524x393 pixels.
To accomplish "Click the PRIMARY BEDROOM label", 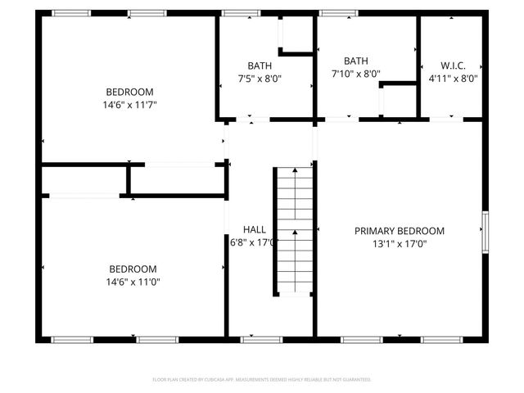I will pos(399,231).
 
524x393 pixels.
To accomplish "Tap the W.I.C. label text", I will pos(453,65).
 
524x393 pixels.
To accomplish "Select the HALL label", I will pos(254,229).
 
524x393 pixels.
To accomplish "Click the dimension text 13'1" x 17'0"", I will pos(399,243).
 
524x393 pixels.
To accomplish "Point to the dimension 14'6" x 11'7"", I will pos(129,105).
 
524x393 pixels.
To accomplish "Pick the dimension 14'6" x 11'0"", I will pos(133,282).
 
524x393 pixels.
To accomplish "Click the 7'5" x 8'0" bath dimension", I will pos(260,79).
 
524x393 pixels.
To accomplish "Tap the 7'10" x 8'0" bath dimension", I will pos(356,74).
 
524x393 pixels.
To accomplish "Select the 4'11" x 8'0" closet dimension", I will pos(453,79).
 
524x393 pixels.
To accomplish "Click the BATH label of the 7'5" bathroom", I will pos(260,65).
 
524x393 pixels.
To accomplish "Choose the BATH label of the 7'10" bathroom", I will pos(356,61).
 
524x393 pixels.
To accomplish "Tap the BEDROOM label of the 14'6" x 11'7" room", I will pos(129,92).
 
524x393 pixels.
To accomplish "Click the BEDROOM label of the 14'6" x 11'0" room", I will pos(133,269).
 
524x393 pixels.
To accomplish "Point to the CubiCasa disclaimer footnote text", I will pos(262,380).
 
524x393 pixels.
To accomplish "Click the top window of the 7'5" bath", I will pos(237,13).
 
